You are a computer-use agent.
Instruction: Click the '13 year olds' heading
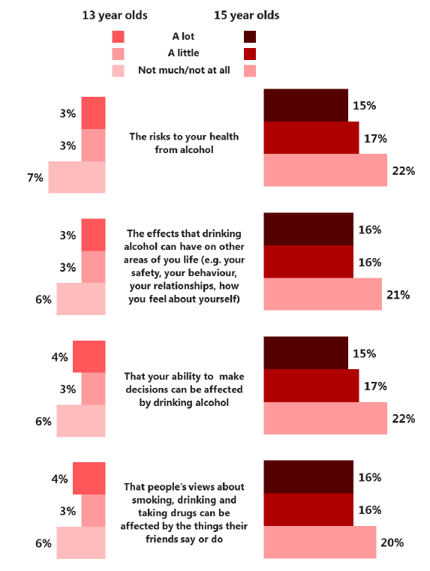coord(115,15)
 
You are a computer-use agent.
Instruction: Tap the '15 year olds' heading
coord(246,15)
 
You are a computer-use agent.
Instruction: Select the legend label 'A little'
coord(184,53)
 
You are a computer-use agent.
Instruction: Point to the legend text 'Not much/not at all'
coord(184,70)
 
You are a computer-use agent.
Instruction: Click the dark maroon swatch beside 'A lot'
coord(250,37)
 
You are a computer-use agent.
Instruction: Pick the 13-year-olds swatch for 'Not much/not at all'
coord(118,71)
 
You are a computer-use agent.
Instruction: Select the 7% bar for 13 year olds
coord(77,177)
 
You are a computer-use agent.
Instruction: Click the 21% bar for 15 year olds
coord(323,294)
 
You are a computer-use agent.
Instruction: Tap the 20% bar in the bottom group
coord(320,542)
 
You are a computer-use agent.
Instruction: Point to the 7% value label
coord(35,178)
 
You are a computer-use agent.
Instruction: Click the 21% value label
coord(398,295)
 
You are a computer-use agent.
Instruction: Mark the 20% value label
coord(392,542)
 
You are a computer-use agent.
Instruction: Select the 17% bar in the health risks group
coord(311,137)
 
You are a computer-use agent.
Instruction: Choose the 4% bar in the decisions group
coord(89,356)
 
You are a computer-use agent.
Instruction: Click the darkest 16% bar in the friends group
coord(308,476)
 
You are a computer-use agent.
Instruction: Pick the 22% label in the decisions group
coord(404,419)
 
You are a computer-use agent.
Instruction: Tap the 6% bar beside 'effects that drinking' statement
coord(81,299)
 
